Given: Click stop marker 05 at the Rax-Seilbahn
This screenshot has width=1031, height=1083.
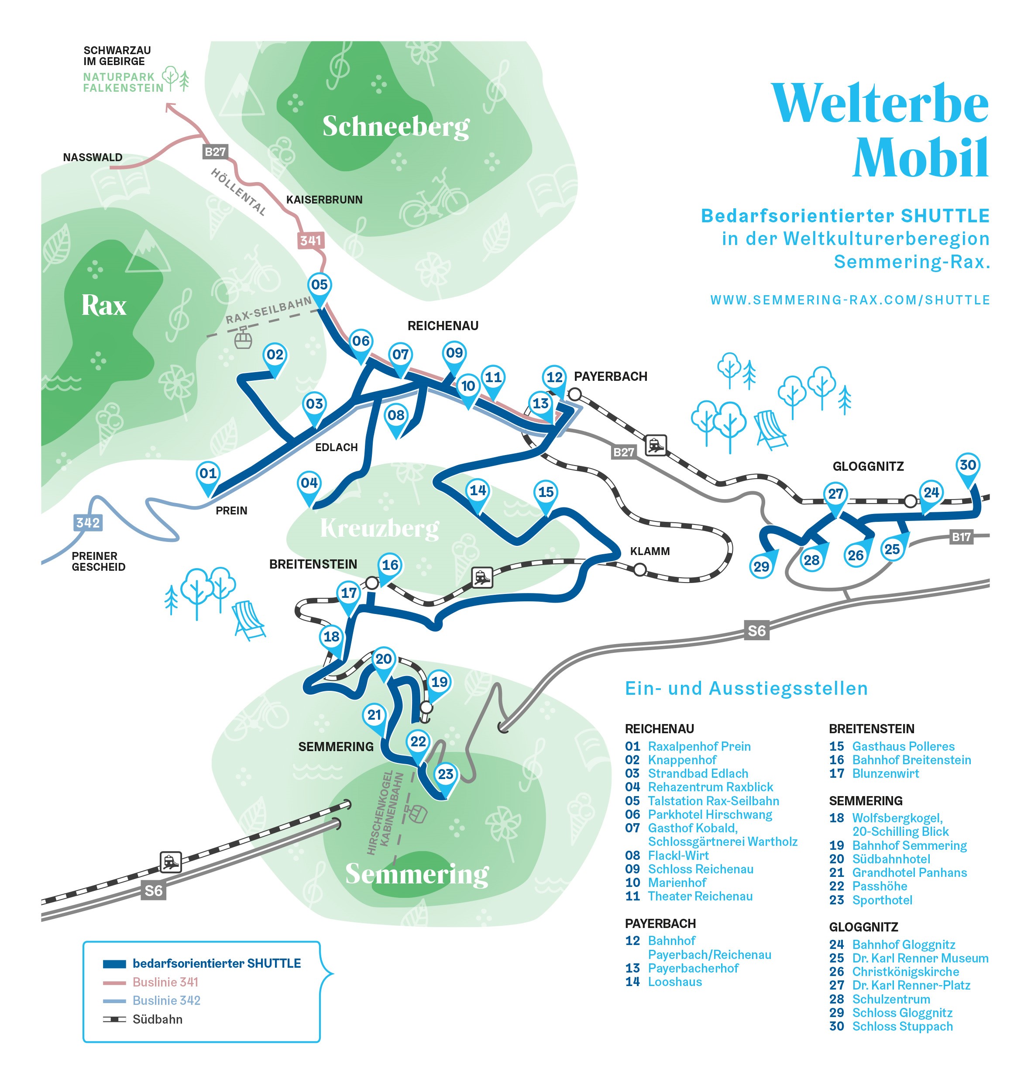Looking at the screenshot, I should pyautogui.click(x=320, y=285).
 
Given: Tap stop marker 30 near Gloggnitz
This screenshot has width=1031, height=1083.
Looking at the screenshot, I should pyautogui.click(x=967, y=466).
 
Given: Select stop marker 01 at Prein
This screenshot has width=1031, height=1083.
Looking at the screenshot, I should pyautogui.click(x=208, y=474).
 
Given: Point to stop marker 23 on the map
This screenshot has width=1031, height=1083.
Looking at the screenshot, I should pyautogui.click(x=445, y=775).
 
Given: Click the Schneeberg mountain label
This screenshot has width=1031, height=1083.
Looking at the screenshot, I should pyautogui.click(x=396, y=127).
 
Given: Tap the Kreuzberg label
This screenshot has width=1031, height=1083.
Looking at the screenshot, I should pyautogui.click(x=379, y=528).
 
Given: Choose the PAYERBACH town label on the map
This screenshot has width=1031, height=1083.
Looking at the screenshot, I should pyautogui.click(x=610, y=376).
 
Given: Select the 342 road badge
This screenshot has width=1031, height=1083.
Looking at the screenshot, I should pyautogui.click(x=88, y=522).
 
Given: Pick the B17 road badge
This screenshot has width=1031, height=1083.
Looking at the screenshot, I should pyautogui.click(x=961, y=537).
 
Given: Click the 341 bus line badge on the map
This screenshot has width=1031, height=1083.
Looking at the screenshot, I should pyautogui.click(x=310, y=240).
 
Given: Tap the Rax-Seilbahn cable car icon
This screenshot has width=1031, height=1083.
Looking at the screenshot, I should pyautogui.click(x=243, y=340).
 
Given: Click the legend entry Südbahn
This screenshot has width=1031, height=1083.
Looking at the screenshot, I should pyautogui.click(x=157, y=1019).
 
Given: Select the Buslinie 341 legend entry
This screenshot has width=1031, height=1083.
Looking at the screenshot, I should pyautogui.click(x=165, y=982).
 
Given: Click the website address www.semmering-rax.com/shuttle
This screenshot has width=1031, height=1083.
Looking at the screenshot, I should pyautogui.click(x=850, y=300).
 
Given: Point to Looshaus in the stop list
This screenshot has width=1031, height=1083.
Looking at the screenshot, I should pyautogui.click(x=675, y=982).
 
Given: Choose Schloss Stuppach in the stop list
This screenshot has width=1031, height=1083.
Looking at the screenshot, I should pyautogui.click(x=902, y=1026).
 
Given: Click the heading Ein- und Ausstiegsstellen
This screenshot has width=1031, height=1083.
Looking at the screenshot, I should pyautogui.click(x=746, y=688).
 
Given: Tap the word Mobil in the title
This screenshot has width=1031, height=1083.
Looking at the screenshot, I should pyautogui.click(x=921, y=158).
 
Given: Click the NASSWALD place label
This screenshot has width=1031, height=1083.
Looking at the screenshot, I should pyautogui.click(x=93, y=158).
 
